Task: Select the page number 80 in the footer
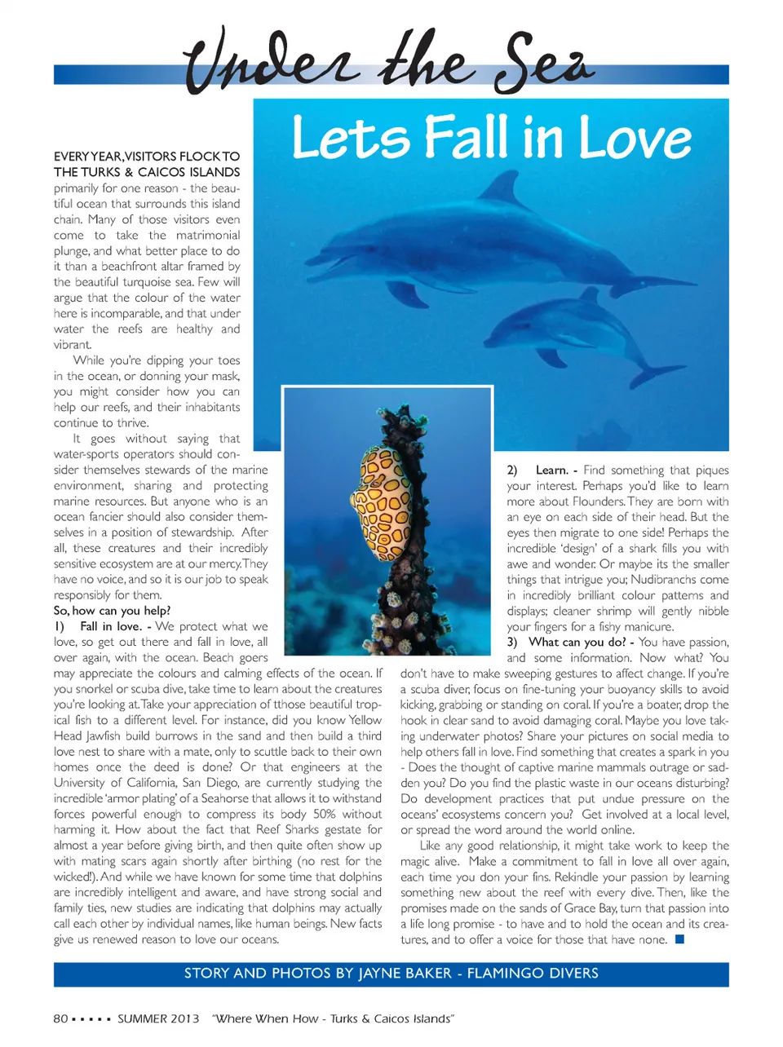click(x=60, y=1018)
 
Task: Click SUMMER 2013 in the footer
click(x=158, y=1018)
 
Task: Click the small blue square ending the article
click(x=679, y=939)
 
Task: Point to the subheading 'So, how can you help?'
click(x=112, y=611)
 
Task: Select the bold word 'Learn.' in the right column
click(x=552, y=470)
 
